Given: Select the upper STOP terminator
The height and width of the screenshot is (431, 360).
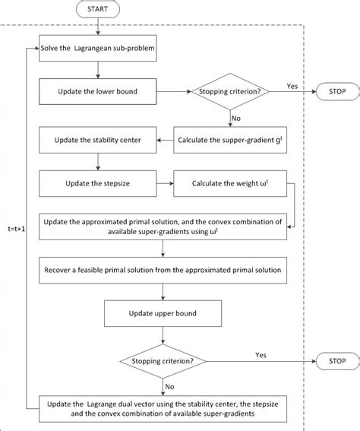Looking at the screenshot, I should click(x=331, y=91).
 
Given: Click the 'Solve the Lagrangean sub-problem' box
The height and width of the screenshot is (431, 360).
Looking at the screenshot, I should click(x=96, y=49).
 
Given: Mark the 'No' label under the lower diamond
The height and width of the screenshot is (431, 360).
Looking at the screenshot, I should click(x=169, y=385).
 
